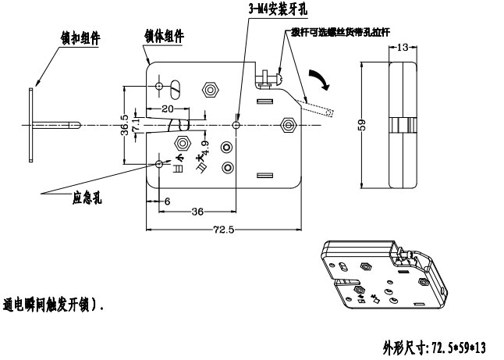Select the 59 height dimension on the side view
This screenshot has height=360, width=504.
362,126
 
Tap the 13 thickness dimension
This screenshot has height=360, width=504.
402,48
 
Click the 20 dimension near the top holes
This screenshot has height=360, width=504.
168,109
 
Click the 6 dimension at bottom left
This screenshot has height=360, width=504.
167,201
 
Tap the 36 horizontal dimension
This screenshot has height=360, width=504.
198,212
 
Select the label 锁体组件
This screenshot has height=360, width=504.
164,36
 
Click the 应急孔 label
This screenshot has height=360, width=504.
87,198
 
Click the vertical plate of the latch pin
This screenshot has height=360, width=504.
29,124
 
